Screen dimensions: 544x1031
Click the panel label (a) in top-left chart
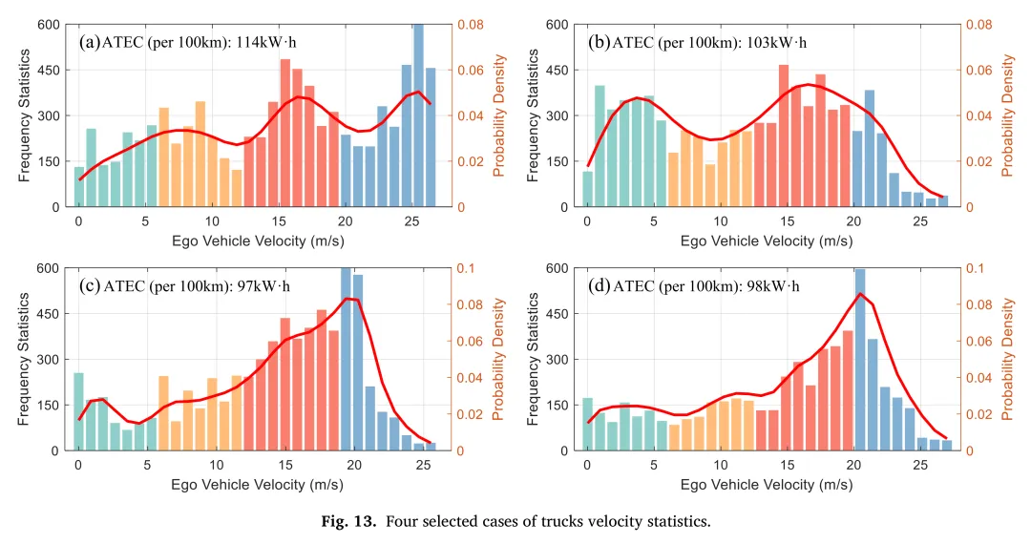point(90,42)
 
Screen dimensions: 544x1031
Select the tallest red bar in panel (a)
point(284,134)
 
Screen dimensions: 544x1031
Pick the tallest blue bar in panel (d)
point(860,360)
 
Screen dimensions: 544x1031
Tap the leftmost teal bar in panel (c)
point(78,411)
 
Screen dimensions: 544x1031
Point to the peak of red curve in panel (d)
point(860,294)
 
